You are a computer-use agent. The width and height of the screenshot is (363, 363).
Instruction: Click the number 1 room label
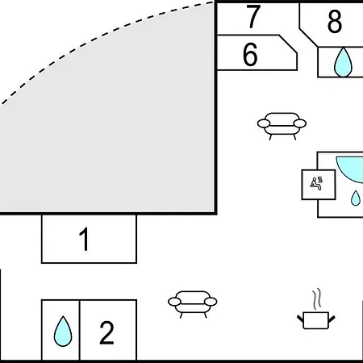pos(84,239)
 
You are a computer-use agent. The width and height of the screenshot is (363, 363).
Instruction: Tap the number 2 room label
pos(106,332)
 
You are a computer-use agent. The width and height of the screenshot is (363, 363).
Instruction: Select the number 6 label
pos(250,55)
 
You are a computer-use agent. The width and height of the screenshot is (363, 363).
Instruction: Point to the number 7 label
pos(253,17)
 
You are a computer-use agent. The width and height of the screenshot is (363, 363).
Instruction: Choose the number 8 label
pos(335,21)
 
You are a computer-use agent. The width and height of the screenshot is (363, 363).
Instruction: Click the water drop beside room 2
pos(63,332)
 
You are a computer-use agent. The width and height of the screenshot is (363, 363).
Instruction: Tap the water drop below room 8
pos(343,62)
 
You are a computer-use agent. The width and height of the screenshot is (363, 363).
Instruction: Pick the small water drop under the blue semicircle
pos(356,198)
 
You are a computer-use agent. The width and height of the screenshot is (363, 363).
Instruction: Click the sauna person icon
pos(316,183)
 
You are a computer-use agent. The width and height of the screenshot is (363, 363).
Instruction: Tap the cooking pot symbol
pos(316,320)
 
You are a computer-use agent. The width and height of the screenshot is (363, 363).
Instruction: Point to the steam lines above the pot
pos(317,298)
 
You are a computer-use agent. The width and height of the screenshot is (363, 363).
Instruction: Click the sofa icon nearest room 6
pos(282,126)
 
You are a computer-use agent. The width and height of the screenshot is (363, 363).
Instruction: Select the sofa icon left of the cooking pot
pos(193,304)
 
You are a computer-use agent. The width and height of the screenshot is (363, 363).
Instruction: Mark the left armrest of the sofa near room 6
pos(264,123)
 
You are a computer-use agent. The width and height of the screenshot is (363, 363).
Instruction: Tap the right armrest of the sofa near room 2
pos(211,302)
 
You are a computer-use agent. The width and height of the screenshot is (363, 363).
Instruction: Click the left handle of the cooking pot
pos(300,319)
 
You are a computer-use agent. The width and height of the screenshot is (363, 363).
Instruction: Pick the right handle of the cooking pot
pos(332,319)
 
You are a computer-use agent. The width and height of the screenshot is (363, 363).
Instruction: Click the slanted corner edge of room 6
pos(288,44)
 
